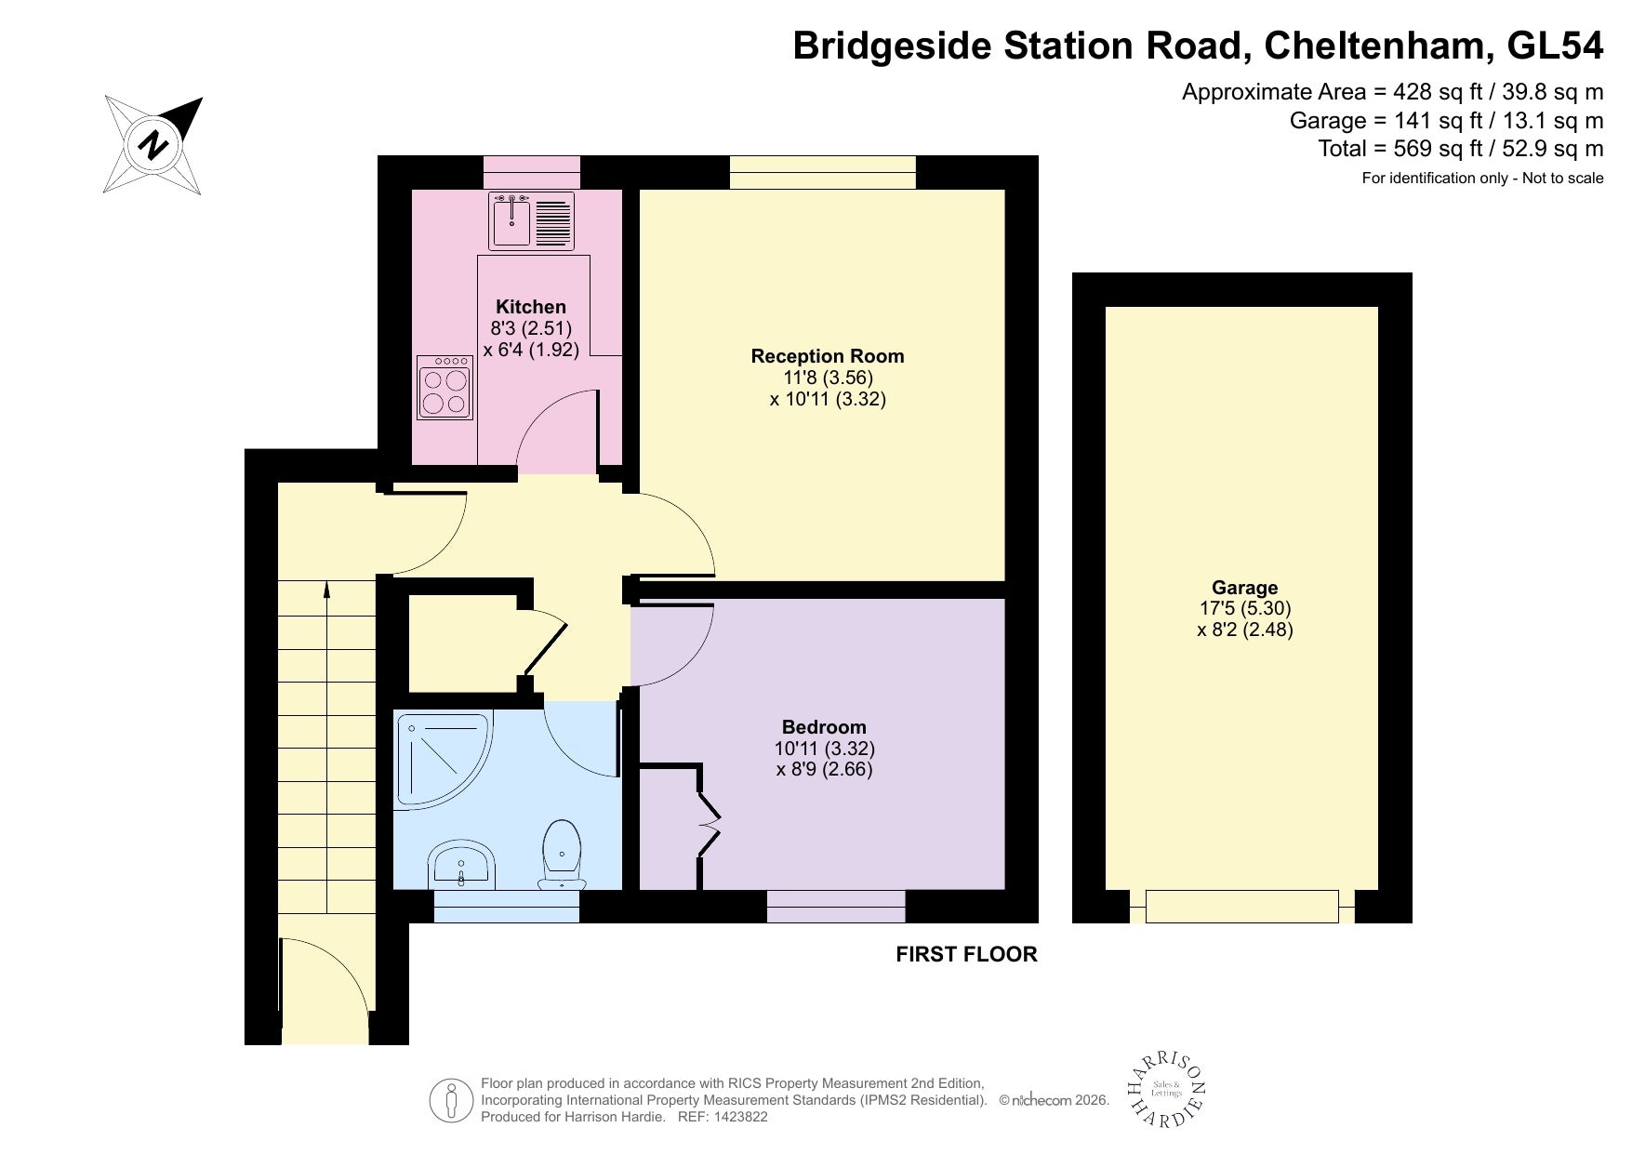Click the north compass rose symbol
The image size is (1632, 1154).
click(153, 145)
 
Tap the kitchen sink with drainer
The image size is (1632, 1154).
click(532, 221)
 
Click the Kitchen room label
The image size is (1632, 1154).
click(531, 307)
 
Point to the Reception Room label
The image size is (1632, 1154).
click(828, 356)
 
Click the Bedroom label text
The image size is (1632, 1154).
click(824, 727)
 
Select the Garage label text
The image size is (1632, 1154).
click(1245, 588)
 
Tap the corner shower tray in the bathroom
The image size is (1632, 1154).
click(444, 758)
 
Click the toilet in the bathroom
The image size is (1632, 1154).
click(563, 853)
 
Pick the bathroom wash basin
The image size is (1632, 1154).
click(462, 864)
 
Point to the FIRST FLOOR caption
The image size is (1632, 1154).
click(966, 954)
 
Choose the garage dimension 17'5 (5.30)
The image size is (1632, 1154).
click(1245, 608)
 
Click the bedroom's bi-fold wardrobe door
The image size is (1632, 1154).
click(709, 825)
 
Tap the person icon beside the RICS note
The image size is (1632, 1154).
click(452, 1102)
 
